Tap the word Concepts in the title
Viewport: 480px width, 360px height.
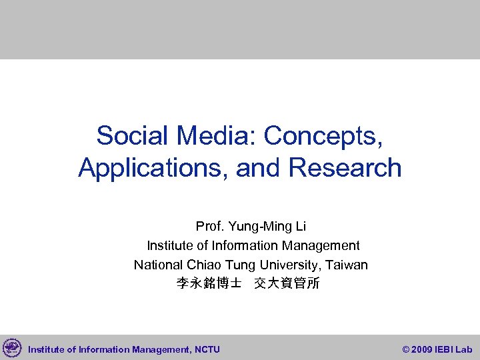(x=323, y=136)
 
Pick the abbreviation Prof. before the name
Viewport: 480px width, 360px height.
(x=209, y=227)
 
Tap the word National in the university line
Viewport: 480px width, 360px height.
(x=157, y=265)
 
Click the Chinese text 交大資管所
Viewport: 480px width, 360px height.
(x=287, y=284)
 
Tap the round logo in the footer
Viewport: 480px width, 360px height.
(x=12, y=348)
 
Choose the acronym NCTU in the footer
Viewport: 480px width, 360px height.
(x=207, y=349)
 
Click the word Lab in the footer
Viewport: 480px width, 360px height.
(x=465, y=349)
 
